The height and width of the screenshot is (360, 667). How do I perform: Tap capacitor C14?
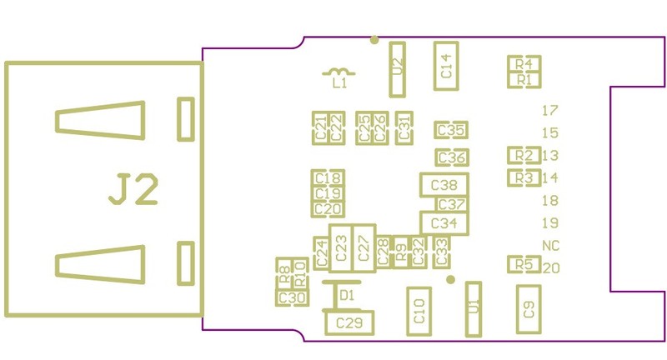click(446, 66)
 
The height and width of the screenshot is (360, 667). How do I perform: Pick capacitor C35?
click(450, 130)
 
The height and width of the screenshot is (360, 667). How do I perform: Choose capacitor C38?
click(444, 185)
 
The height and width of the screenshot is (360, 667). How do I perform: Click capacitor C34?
click(444, 223)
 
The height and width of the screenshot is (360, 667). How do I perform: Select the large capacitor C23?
click(340, 248)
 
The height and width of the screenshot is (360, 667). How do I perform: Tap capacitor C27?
click(363, 248)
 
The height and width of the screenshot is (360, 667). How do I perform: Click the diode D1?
click(337, 295)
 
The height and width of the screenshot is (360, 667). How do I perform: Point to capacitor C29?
click(349, 322)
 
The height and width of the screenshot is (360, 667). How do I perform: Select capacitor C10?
click(419, 312)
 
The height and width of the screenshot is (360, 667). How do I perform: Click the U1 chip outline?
click(474, 309)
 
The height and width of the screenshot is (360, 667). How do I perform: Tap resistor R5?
click(524, 264)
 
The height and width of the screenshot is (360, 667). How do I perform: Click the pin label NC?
click(550, 245)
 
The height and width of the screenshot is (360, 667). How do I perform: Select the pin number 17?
click(549, 110)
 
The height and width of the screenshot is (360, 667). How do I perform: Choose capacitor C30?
click(291, 297)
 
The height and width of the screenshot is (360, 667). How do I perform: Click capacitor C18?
click(327, 177)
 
